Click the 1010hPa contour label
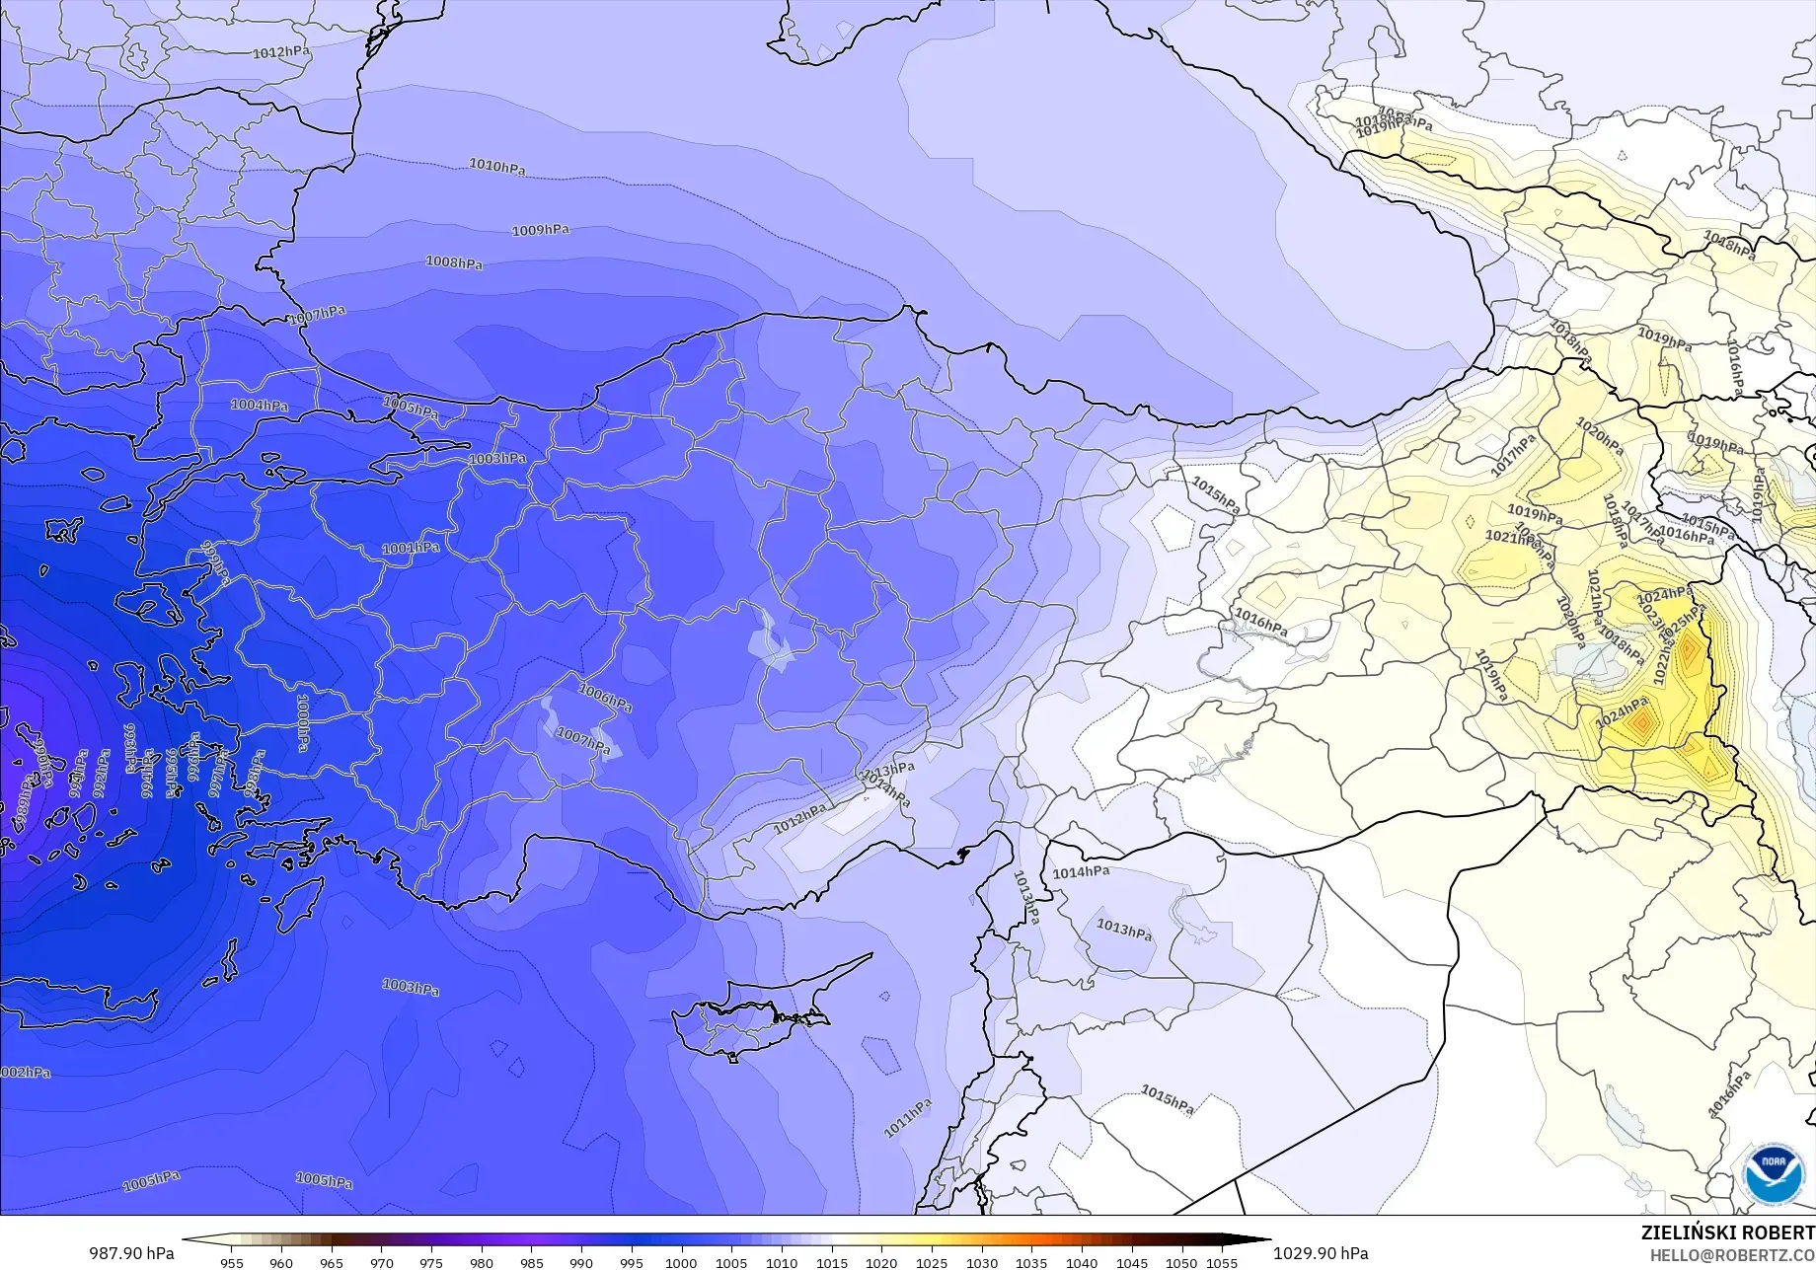pos(496,166)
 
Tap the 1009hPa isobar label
pos(540,230)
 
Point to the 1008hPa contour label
pos(454,262)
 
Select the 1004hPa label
pos(260,405)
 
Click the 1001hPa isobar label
pos(411,548)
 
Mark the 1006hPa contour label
pos(604,699)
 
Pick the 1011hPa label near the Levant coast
pos(907,1118)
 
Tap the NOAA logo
pos(1773,1174)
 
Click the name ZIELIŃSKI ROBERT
pos(1727,1233)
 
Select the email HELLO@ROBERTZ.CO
pos(1732,1254)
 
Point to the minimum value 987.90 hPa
pos(131,1253)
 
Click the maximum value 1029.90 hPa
pos(1321,1253)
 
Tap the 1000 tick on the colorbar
pos(681,1262)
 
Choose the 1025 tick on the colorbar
pos(931,1262)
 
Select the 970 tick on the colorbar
pos(381,1262)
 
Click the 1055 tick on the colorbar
pos(1222,1262)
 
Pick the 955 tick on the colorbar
pos(232,1262)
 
